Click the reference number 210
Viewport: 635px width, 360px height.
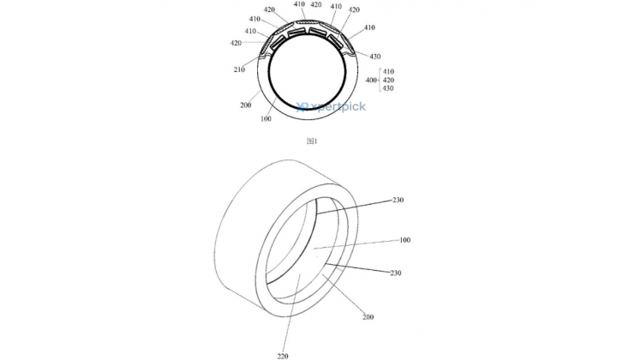239,69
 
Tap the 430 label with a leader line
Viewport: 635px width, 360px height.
375,57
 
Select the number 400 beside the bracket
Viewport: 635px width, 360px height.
371,81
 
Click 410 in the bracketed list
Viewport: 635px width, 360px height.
388,72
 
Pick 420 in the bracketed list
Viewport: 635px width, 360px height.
388,81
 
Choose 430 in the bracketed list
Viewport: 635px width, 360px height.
388,88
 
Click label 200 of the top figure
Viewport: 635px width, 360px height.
245,105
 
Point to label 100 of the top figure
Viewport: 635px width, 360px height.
266,119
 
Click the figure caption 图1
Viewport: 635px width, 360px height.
311,141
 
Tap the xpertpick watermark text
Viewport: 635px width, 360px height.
338,106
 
